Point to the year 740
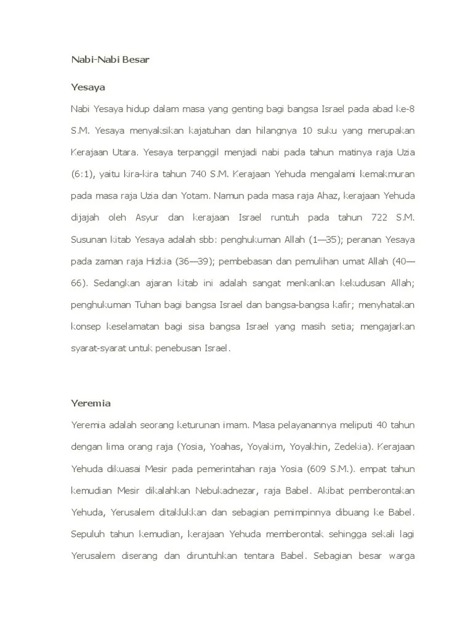(198, 174)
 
